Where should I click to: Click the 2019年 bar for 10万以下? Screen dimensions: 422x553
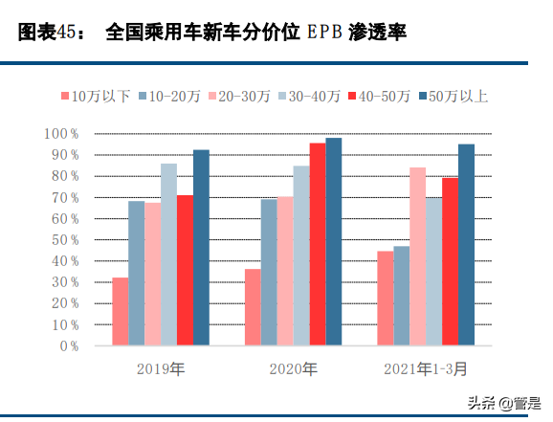120,312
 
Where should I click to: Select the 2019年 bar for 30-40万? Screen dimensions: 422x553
168,255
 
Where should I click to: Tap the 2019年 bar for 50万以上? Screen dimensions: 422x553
201,248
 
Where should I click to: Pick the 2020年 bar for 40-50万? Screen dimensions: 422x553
317,244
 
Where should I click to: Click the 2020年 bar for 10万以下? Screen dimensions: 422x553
253,307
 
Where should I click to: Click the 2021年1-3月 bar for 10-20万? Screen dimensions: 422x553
401,296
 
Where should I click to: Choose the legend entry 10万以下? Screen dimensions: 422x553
97,96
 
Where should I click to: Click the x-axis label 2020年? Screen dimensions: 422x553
293,367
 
